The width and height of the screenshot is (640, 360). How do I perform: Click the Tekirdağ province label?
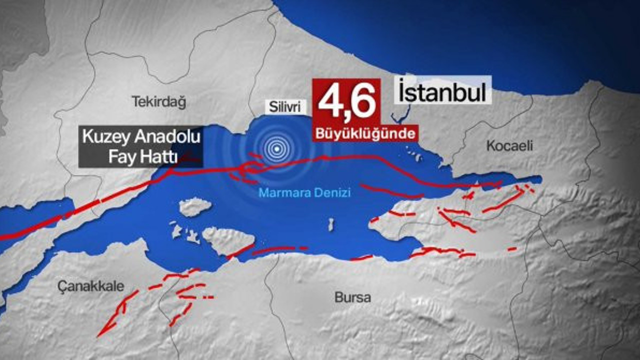(158, 102)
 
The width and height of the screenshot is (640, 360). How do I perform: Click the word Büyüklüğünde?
(365, 134)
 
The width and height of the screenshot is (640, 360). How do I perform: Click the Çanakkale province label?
(90, 286)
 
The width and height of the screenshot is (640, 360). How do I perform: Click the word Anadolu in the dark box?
(162, 137)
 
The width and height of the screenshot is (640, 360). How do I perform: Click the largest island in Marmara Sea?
(227, 240)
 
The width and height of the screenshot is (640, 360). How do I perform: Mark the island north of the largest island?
(195, 206)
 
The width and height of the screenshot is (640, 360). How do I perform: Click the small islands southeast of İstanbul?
(414, 154)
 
